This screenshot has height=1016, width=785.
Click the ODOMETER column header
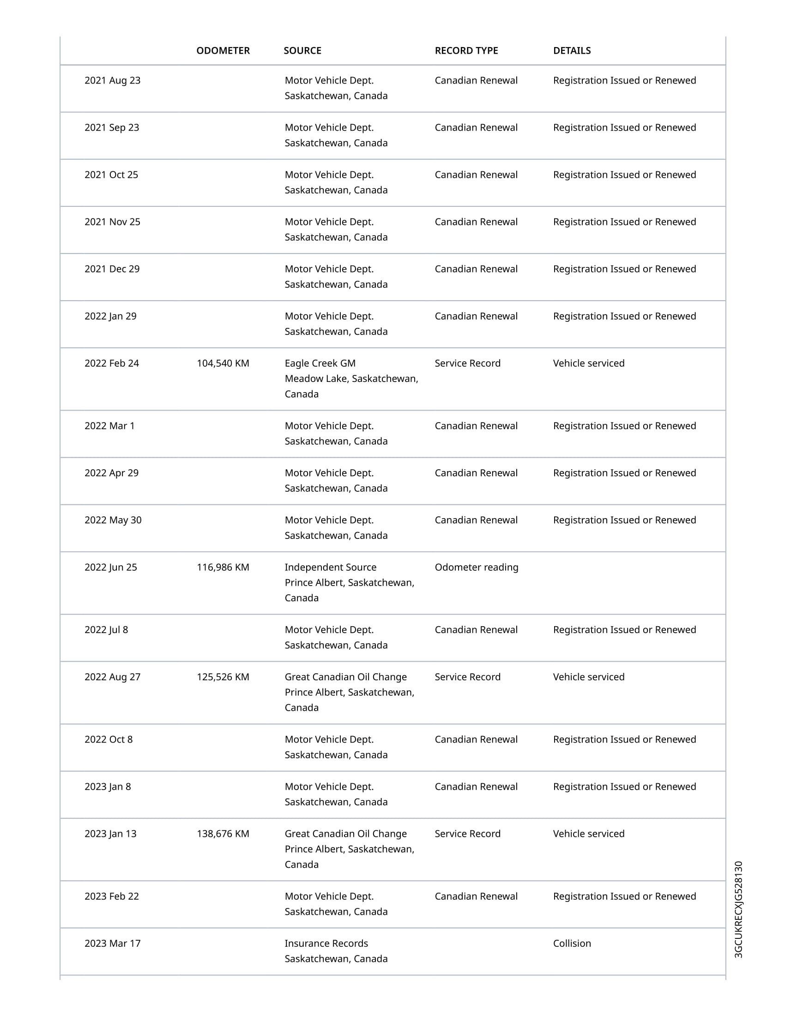coord(223,51)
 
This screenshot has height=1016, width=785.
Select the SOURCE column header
coord(302,51)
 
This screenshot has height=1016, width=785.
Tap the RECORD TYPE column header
coord(466,51)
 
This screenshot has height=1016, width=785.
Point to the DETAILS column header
coord(572,51)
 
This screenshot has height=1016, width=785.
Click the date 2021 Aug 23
coord(112,80)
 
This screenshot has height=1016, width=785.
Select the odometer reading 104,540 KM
coord(223,363)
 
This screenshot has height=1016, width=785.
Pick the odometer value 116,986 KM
coord(223,567)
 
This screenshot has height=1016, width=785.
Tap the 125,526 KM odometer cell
coord(223,677)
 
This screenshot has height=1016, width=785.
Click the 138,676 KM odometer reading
coord(223,834)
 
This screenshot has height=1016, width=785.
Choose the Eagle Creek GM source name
coord(320,363)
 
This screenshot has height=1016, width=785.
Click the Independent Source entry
coord(330,567)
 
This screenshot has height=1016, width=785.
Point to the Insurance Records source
coord(326,943)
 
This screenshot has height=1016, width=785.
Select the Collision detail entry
coord(572,943)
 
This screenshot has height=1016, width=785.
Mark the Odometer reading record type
coord(476,567)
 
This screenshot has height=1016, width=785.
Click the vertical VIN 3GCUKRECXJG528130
coord(738,909)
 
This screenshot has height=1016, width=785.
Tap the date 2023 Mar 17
coord(112,943)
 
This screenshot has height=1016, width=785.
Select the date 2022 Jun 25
coord(111,567)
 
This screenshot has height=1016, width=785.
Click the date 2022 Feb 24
coord(112,363)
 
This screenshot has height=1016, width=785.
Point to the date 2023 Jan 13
coord(110,834)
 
